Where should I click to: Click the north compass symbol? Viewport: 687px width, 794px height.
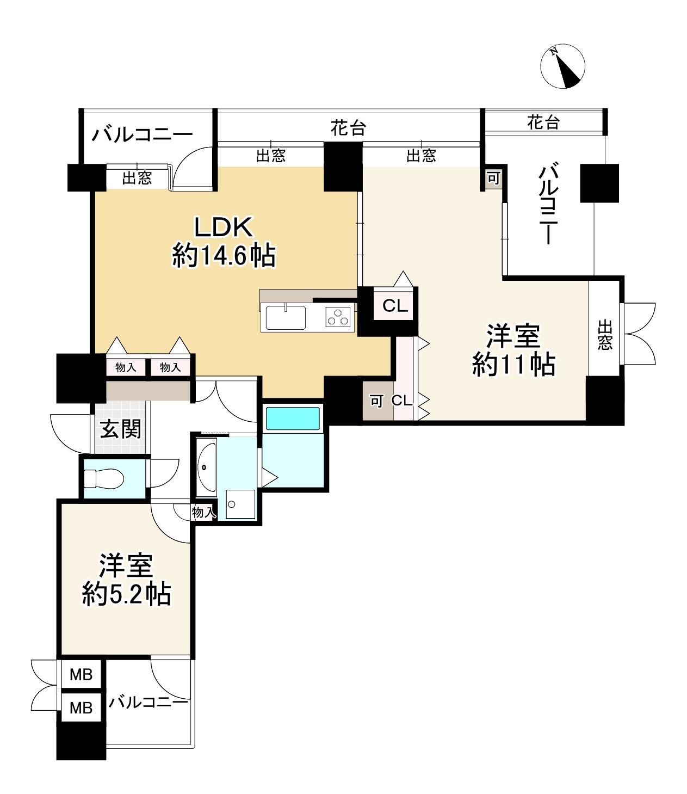[x=562, y=66]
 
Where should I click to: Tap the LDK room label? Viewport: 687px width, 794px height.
[x=224, y=227]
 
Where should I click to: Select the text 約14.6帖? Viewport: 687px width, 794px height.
[x=224, y=255]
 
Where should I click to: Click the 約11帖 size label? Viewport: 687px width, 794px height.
[x=513, y=364]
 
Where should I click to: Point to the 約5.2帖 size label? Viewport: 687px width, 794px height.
[x=126, y=594]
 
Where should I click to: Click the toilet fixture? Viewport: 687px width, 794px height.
[x=104, y=478]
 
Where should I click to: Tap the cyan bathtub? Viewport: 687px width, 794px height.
[x=293, y=418]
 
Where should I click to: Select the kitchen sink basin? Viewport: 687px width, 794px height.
[x=286, y=318]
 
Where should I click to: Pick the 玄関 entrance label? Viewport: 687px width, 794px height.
[x=121, y=429]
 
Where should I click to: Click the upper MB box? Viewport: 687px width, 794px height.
[x=81, y=674]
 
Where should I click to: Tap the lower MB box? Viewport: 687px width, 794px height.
[x=81, y=707]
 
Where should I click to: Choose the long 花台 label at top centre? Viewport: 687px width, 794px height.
[x=348, y=127]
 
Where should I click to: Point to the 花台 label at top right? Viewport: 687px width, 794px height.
[x=543, y=122]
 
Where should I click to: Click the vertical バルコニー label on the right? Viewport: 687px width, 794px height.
[x=548, y=203]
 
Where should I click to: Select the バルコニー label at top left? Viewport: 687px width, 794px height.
[x=142, y=135]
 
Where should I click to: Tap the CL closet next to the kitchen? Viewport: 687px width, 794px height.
[x=395, y=306]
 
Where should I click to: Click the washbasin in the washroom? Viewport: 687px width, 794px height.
[x=207, y=467]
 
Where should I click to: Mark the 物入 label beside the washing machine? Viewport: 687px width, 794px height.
[x=204, y=512]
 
